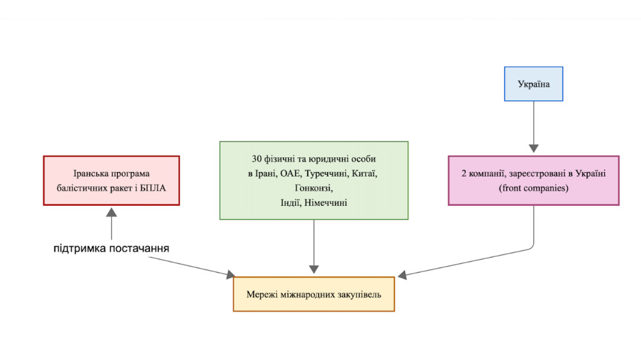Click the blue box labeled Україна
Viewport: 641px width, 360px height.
pos(534,84)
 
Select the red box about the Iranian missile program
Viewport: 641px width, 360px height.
pos(112,180)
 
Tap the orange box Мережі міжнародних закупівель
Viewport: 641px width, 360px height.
pos(313,294)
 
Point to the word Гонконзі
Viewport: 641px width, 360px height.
pos(313,188)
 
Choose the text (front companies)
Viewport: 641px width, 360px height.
pos(534,187)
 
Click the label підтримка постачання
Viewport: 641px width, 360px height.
pos(111,249)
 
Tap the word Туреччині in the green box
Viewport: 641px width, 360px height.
pos(325,173)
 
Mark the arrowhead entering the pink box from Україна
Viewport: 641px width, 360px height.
pos(534,148)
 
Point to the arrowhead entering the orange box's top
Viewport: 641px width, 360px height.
pos(313,271)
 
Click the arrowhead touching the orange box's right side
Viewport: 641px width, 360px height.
pos(401,275)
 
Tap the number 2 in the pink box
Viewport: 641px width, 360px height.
pos(464,173)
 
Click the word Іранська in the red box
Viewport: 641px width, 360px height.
pos(91,173)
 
